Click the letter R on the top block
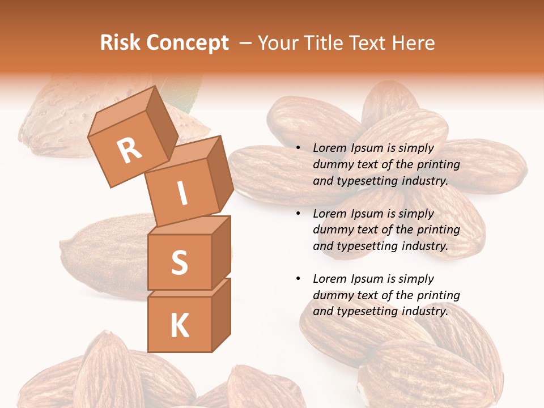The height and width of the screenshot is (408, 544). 130,151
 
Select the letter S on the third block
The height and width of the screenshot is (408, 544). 179,262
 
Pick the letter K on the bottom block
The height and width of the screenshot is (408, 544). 179,325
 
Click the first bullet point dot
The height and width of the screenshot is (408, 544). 298,148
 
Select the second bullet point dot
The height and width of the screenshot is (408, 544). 298,214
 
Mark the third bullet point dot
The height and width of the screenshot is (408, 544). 298,279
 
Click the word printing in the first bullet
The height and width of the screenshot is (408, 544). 439,164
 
